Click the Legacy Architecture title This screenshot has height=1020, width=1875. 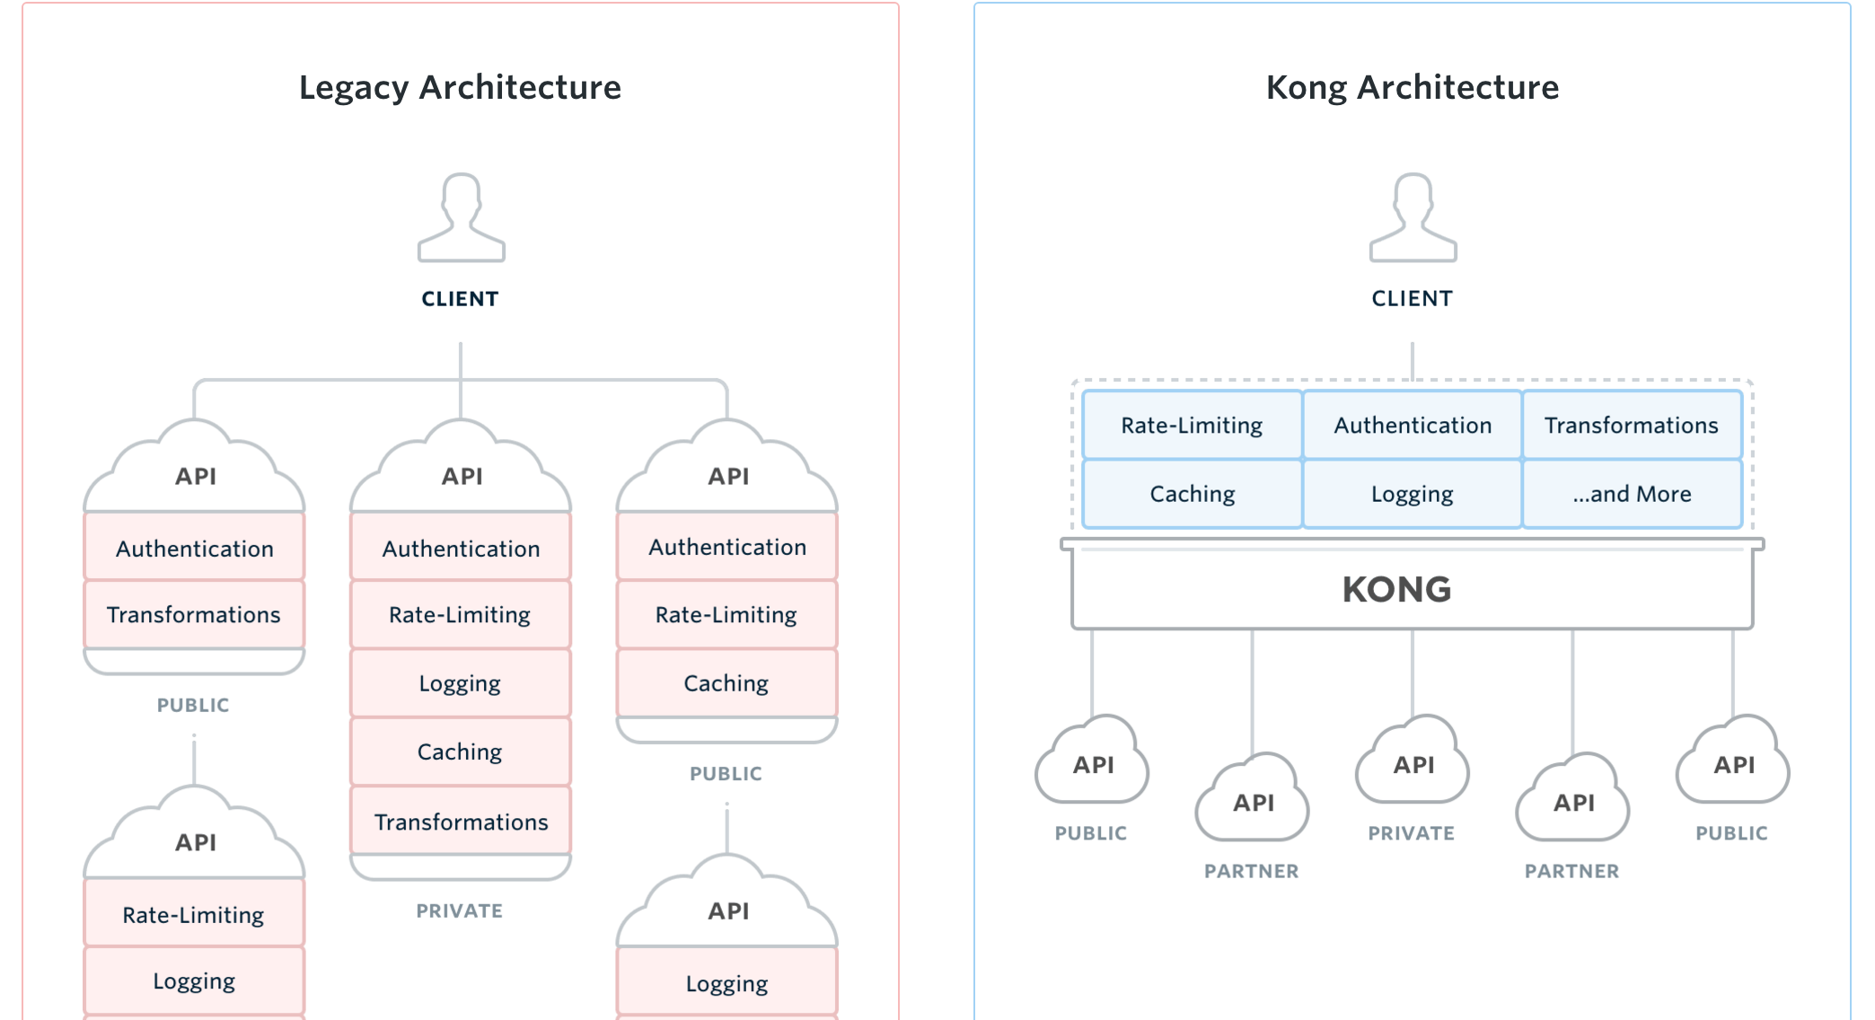pos(460,87)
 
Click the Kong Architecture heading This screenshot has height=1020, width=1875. pos(1412,87)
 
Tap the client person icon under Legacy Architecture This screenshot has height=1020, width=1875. pos(461,218)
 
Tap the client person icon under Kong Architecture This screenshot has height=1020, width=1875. pos(1413,218)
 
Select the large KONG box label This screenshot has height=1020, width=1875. pos(1396,590)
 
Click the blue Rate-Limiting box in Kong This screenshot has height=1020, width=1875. pos(1192,425)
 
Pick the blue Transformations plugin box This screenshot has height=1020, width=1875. pos(1631,425)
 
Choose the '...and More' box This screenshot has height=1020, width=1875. pos(1631,494)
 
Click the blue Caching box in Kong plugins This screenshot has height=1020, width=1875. pos(1192,494)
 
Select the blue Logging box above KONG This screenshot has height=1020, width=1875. pos(1412,494)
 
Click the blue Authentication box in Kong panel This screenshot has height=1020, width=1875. pos(1412,425)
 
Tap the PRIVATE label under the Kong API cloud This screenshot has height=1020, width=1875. pos(1411,833)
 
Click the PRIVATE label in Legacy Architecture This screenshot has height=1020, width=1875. pos(459,910)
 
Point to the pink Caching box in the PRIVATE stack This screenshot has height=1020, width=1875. pos(460,752)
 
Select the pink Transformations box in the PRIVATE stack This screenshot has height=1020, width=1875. pos(461,822)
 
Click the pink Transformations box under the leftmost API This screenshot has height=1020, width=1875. pos(194,614)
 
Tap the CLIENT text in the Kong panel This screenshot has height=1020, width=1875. pos(1412,299)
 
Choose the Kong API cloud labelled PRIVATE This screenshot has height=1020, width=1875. pos(1413,763)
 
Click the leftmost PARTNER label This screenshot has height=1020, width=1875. pos(1251,871)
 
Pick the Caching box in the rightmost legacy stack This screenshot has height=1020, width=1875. pos(726,683)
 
